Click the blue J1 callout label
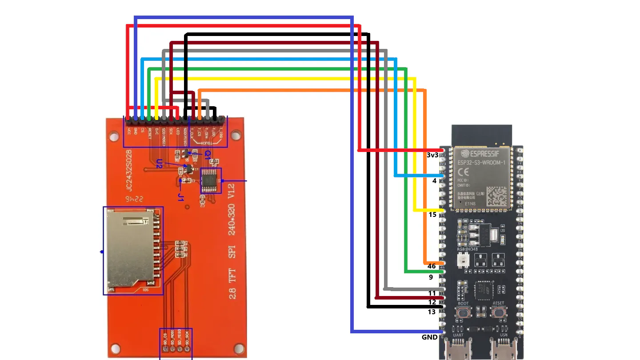tap(181, 196)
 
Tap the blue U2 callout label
tap(159, 163)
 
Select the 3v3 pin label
tap(432, 155)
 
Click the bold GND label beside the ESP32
tap(429, 337)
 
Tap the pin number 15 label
tap(432, 215)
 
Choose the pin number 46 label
tap(431, 266)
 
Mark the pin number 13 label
tap(432, 312)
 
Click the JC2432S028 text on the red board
tap(128, 171)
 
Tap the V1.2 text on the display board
tap(231, 191)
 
